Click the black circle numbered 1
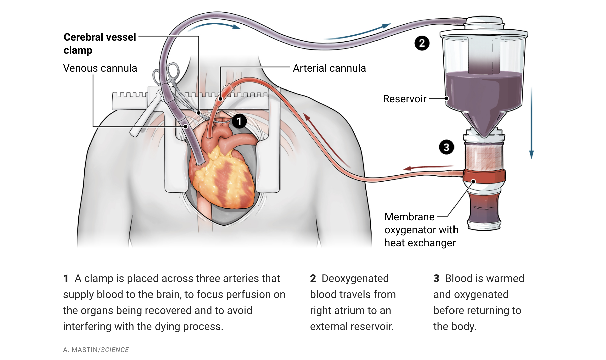pyautogui.click(x=239, y=121)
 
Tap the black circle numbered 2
pyautogui.click(x=422, y=43)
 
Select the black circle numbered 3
pyautogui.click(x=446, y=147)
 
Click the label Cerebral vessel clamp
pyautogui.click(x=100, y=43)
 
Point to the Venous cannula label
pyautogui.click(x=100, y=68)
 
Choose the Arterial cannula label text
pyautogui.click(x=329, y=68)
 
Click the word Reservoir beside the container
pyautogui.click(x=404, y=99)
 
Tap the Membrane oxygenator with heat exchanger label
pyautogui.click(x=421, y=230)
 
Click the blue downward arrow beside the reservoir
pyautogui.click(x=531, y=124)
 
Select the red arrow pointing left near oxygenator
pyautogui.click(x=427, y=167)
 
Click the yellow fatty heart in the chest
pyautogui.click(x=222, y=177)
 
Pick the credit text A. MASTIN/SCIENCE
pyautogui.click(x=96, y=350)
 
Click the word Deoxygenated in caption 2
pyautogui.click(x=355, y=278)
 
